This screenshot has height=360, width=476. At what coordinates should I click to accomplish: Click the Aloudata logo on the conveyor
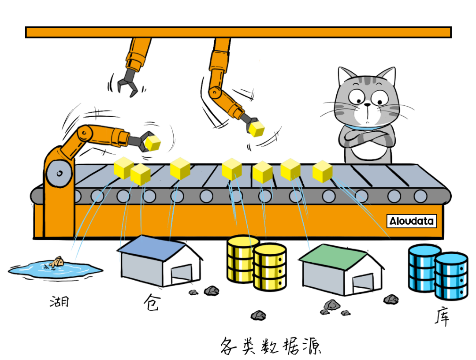tap(412, 221)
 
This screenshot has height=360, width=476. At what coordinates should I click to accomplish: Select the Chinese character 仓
tap(151, 303)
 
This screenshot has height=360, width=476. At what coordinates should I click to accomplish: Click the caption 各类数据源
tap(270, 346)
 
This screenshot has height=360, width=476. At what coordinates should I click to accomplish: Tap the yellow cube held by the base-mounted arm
tap(153, 143)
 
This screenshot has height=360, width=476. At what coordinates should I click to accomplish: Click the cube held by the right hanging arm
tap(256, 128)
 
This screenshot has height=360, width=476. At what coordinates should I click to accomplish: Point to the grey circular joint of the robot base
tap(57, 172)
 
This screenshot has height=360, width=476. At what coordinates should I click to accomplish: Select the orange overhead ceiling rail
tap(238, 32)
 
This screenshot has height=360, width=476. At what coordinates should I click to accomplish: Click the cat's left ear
tap(346, 75)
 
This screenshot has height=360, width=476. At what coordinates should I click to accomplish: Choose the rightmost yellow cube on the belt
tap(323, 171)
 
